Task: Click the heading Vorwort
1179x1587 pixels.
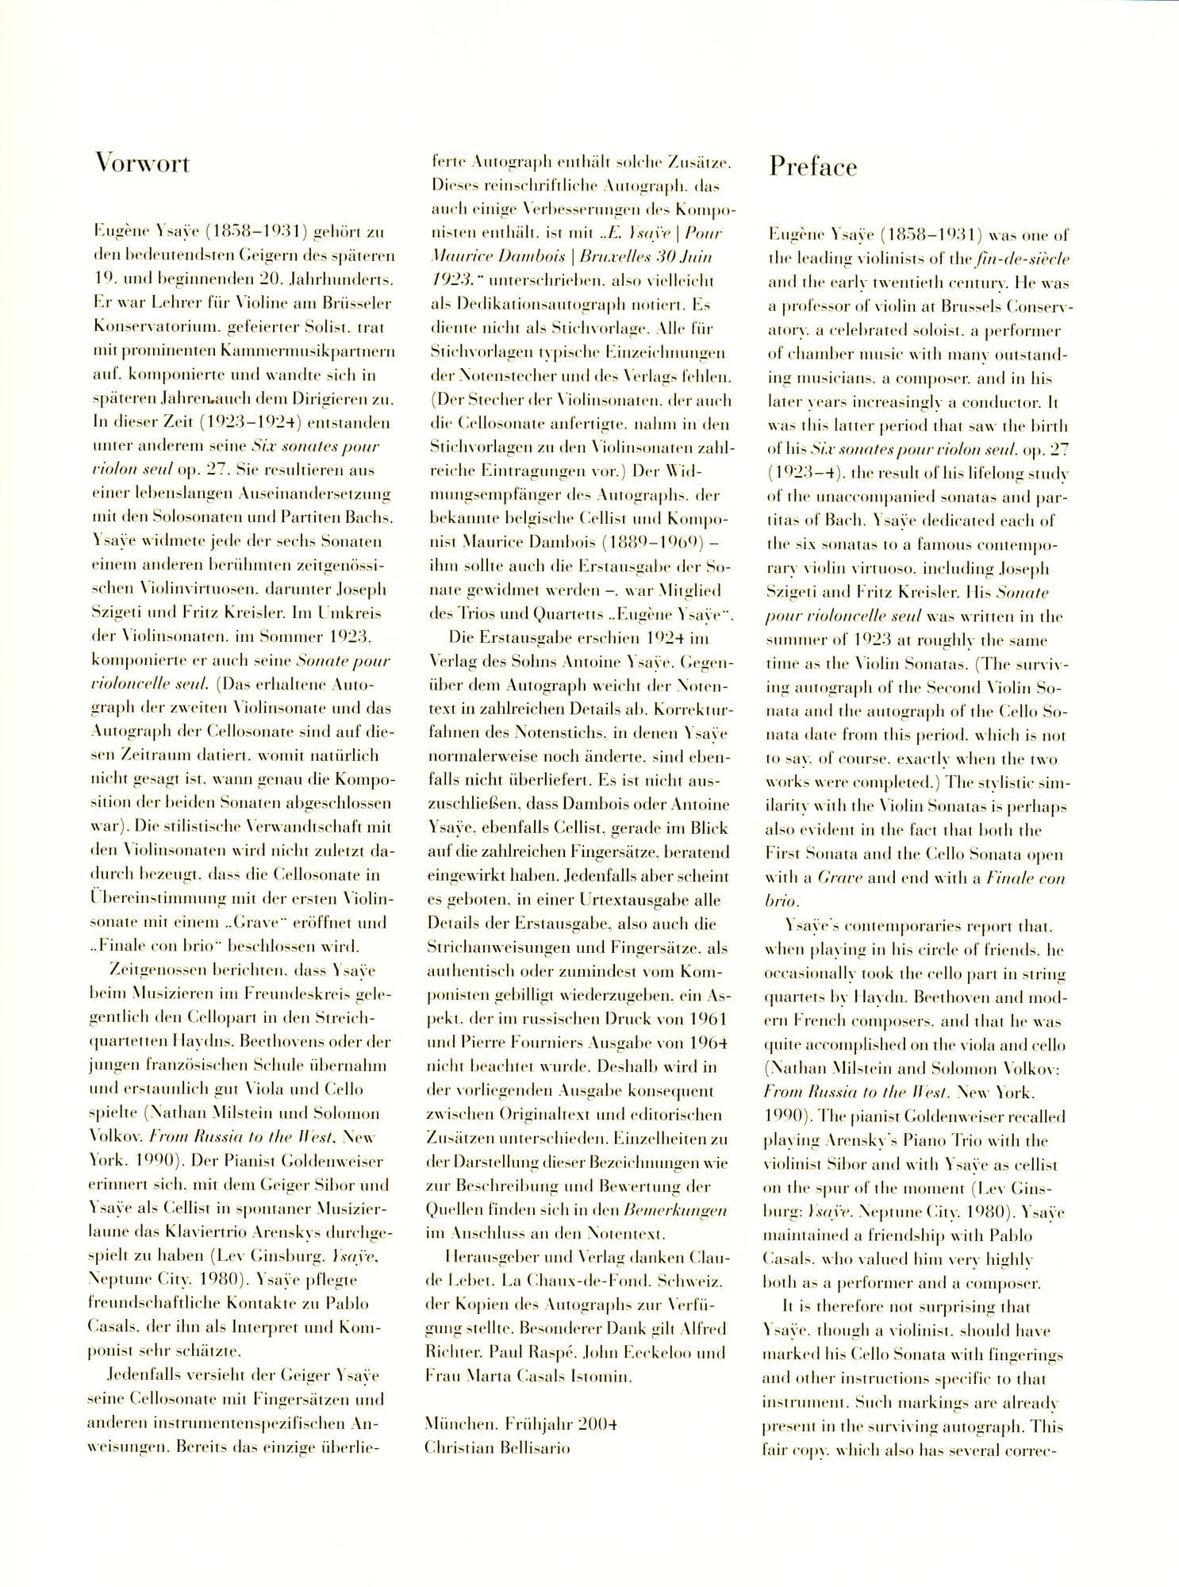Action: [142, 163]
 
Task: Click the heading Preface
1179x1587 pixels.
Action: [812, 167]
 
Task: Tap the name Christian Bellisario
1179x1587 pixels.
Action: [497, 1447]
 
